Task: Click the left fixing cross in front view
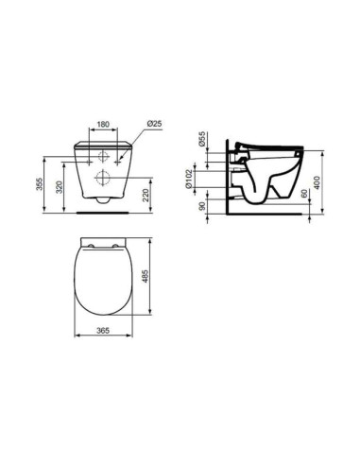pyautogui.click(x=82, y=163)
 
